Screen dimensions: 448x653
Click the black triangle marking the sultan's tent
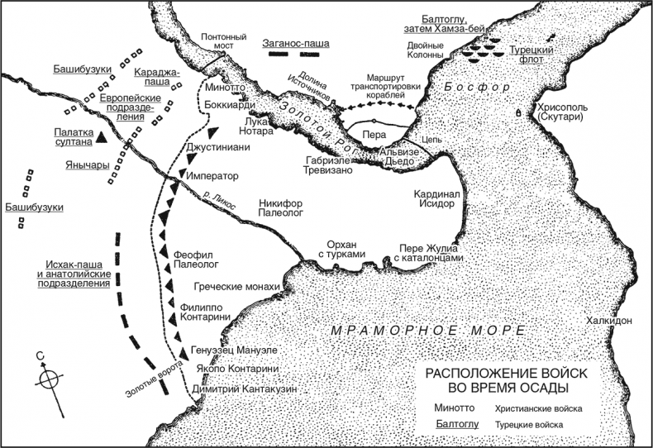pos(100,136)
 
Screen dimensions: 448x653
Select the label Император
pos(212,176)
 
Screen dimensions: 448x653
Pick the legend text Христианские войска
pos(539,409)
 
